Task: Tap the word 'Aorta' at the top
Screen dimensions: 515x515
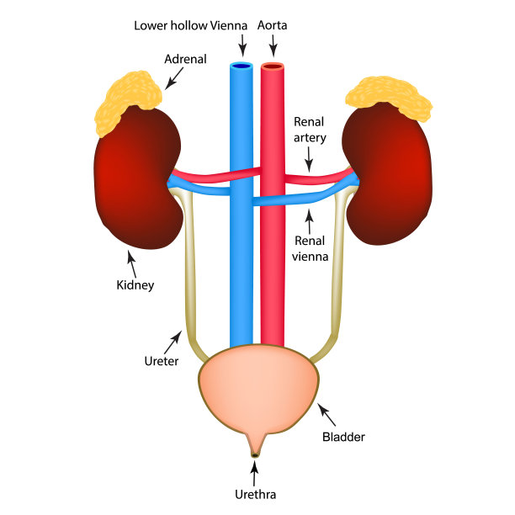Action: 273,25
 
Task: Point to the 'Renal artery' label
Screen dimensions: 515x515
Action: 310,131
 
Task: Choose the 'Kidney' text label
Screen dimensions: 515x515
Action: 135,284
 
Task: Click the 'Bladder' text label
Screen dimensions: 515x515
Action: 344,437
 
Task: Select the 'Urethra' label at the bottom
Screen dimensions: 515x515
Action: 256,494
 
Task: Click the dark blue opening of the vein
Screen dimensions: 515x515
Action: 242,66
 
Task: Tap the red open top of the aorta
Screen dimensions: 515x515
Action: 273,66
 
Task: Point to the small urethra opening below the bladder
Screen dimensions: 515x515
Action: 256,455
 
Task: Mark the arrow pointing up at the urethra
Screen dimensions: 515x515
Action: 256,471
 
